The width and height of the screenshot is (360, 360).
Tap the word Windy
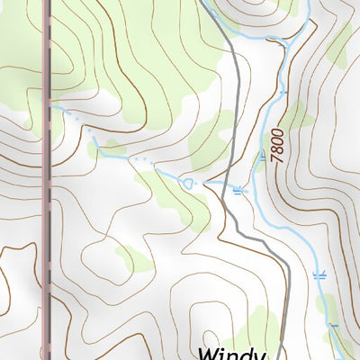(232, 352)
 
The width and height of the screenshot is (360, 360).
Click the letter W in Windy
(209, 352)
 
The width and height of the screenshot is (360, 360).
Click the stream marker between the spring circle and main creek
(238, 189)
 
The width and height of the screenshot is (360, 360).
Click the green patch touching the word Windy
(261, 328)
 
